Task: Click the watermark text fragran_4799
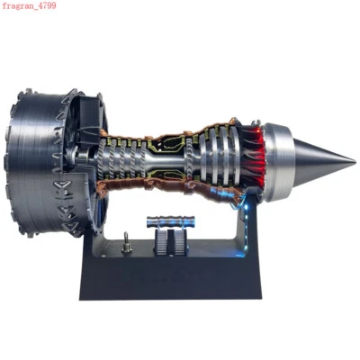click(29, 6)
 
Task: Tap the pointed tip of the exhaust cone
click(353, 162)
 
